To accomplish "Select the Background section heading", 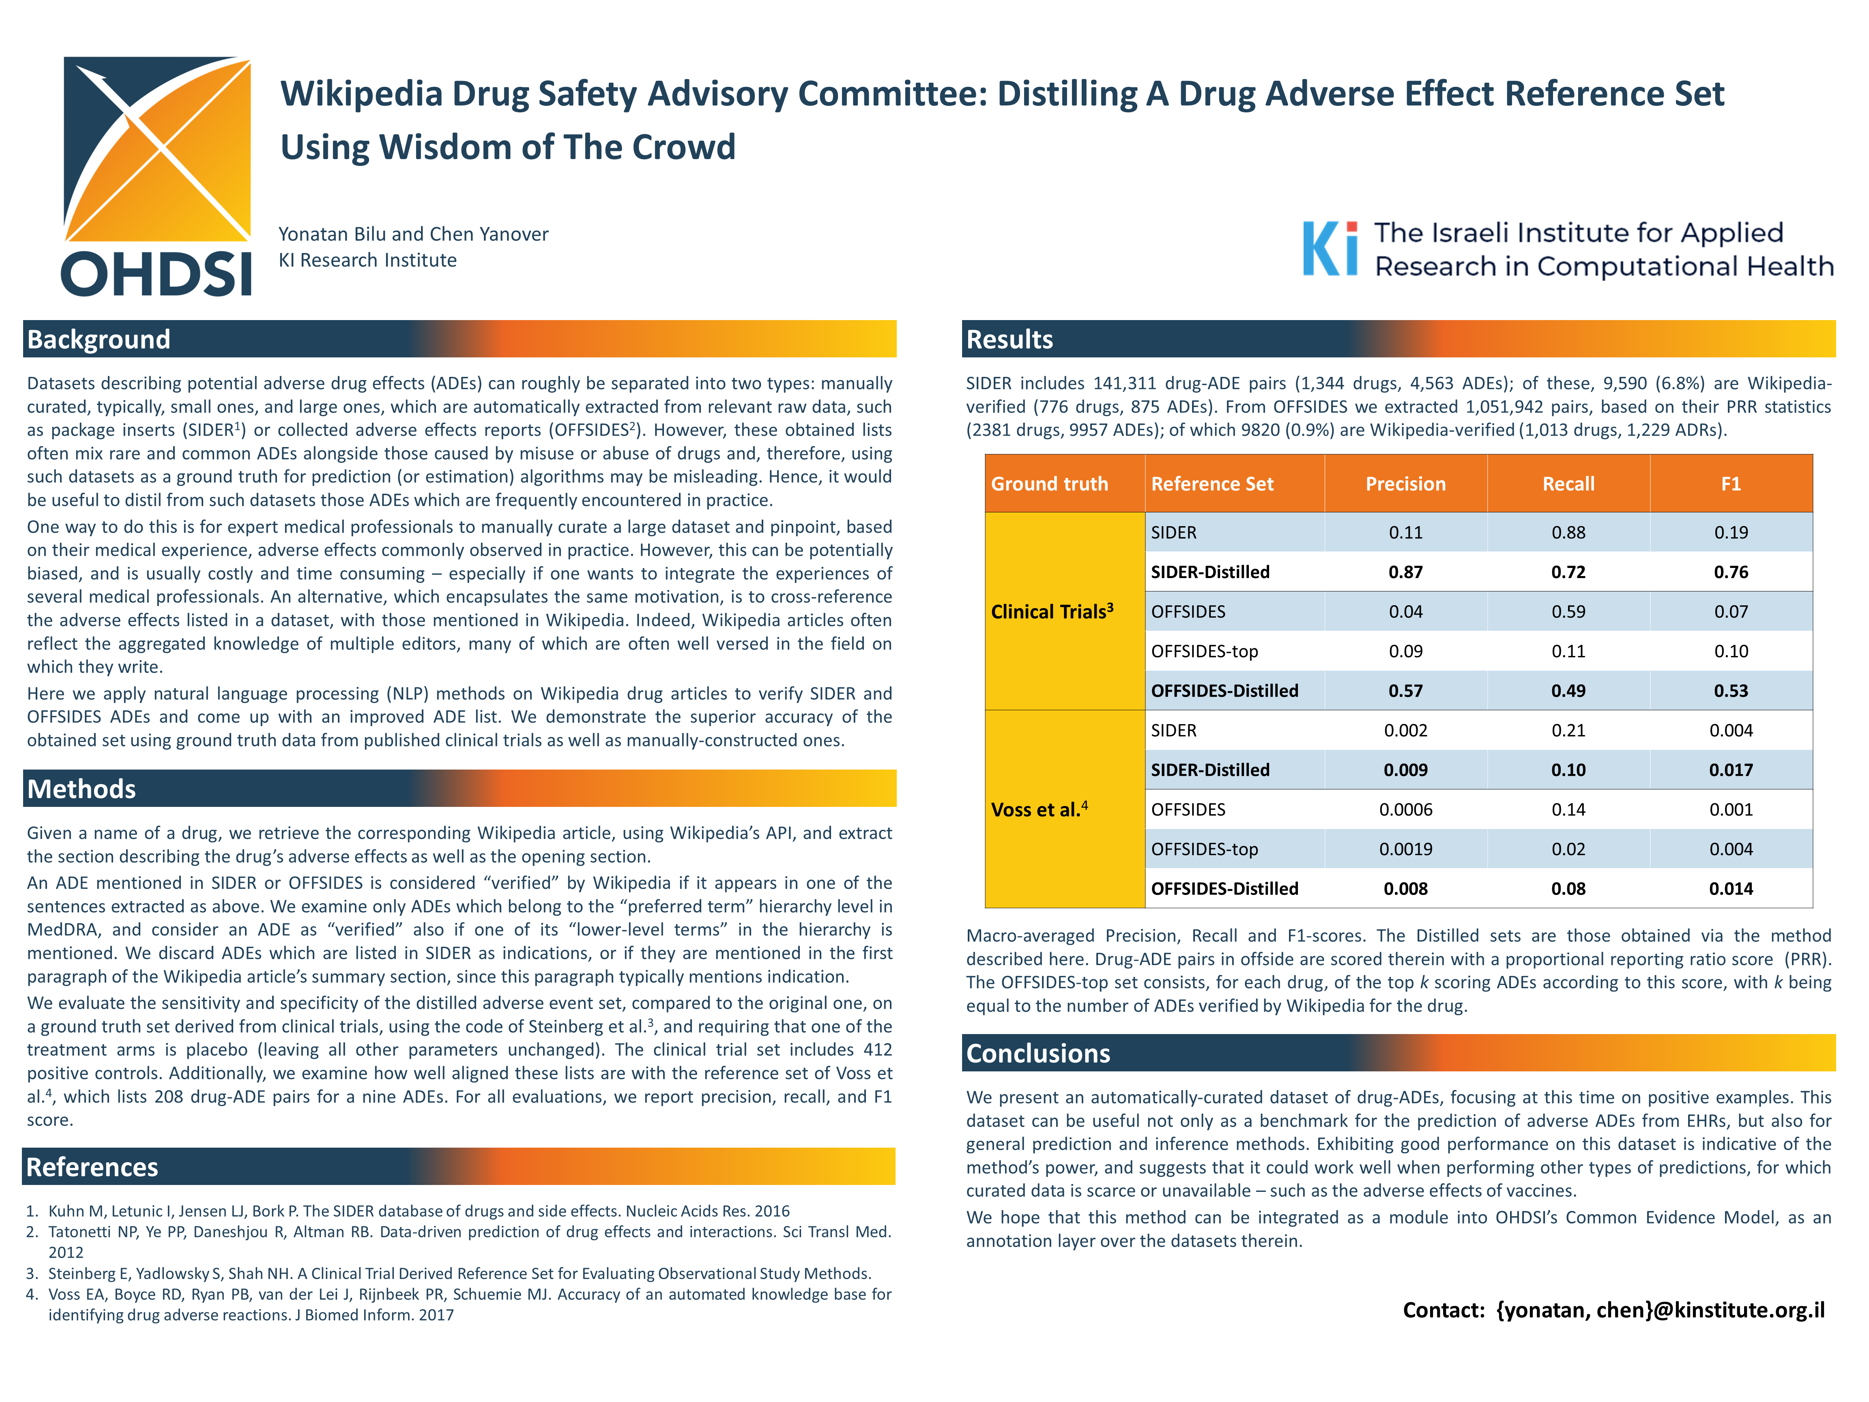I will (99, 339).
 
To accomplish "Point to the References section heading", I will (92, 1167).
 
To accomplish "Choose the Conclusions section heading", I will (1038, 1053).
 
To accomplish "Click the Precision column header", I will (1405, 484).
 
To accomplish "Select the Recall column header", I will (1568, 484).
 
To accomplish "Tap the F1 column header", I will (1730, 484).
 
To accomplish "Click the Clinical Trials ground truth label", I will (1052, 611).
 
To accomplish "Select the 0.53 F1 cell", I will (1730, 690).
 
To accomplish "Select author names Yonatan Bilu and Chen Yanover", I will (413, 234).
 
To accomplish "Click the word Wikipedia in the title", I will (362, 94).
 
